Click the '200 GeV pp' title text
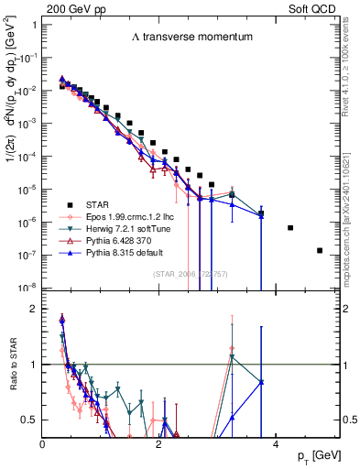pos(71,7)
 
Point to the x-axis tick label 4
pos(276,443)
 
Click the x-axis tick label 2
pos(159,443)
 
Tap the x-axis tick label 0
pos(43,443)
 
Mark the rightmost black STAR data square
pos(320,250)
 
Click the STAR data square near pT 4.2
pos(290,227)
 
